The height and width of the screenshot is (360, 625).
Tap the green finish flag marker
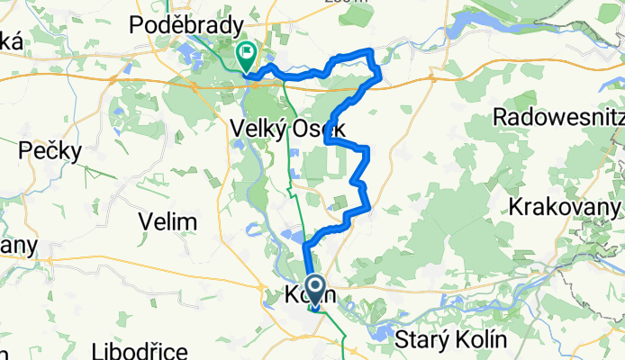tap(246, 53)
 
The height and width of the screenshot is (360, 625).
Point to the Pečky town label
tap(53, 150)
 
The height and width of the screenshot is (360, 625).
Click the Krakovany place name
tap(566, 206)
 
